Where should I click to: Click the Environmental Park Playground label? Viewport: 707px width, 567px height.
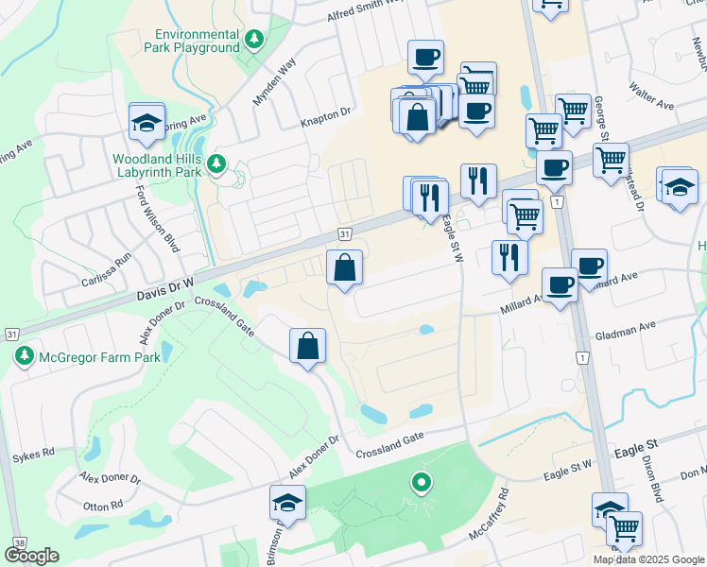pos(190,41)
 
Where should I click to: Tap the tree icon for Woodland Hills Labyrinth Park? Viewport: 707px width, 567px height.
pos(217,164)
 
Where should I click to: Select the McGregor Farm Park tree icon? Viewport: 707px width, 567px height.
pos(23,356)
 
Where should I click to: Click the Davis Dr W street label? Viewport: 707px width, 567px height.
pos(166,285)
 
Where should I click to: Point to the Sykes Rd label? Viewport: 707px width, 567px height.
pos(33,456)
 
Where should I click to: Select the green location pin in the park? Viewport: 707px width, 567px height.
pos(422,483)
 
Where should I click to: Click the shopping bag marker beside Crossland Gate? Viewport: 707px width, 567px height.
pos(308,347)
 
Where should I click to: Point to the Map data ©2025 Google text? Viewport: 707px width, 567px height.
pos(648,559)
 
